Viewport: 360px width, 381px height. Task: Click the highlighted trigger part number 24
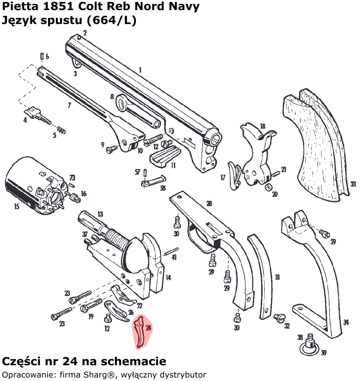[x=141, y=332]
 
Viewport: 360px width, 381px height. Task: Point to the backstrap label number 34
[x=346, y=323]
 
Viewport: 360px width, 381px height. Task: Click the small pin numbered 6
[x=41, y=57]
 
